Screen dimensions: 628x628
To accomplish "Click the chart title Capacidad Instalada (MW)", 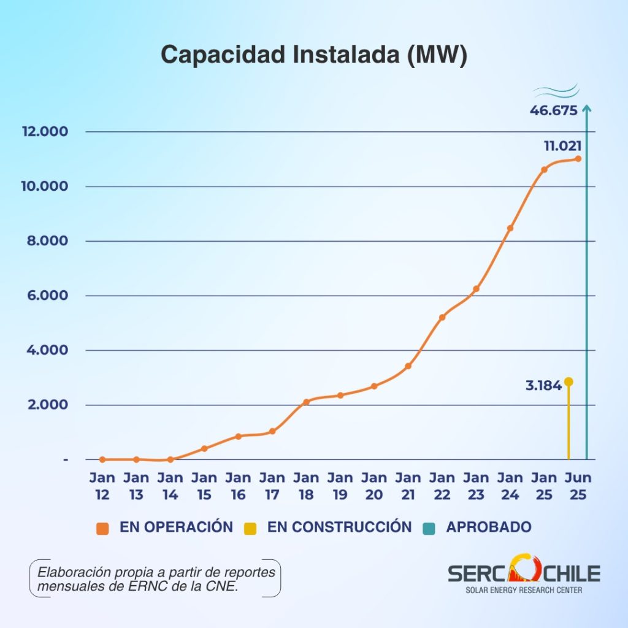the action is pyautogui.click(x=314, y=55).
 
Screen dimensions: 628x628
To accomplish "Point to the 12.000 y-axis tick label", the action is pyautogui.click(x=45, y=131).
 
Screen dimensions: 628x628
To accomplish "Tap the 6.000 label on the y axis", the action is pyautogui.click(x=47, y=295).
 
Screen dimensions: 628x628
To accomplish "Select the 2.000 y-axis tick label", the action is pyautogui.click(x=48, y=405).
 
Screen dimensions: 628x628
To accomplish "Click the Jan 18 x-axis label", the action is pyautogui.click(x=306, y=486).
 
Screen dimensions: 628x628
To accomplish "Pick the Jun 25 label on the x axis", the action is pyautogui.click(x=578, y=486).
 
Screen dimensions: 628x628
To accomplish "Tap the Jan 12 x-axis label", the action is pyautogui.click(x=102, y=486).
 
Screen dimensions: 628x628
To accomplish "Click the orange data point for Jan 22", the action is pyautogui.click(x=442, y=317).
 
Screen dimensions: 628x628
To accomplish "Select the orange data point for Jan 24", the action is pyautogui.click(x=510, y=228).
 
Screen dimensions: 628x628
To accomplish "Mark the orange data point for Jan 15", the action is pyautogui.click(x=204, y=448).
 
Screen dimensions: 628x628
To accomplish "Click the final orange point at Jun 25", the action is pyautogui.click(x=578, y=159).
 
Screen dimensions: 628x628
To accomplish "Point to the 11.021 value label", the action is pyautogui.click(x=562, y=146).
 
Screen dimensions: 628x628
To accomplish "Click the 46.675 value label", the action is pyautogui.click(x=554, y=110).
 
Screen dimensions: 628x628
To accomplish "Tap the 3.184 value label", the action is pyautogui.click(x=543, y=386).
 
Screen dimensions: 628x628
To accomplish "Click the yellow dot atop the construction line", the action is pyautogui.click(x=569, y=381).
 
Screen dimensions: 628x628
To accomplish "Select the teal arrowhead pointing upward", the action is pyautogui.click(x=587, y=108).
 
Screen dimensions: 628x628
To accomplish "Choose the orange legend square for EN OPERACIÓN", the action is pyautogui.click(x=102, y=529).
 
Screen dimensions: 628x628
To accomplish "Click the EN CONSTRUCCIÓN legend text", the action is pyautogui.click(x=339, y=527).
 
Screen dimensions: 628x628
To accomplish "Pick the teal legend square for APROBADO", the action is pyautogui.click(x=429, y=529).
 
